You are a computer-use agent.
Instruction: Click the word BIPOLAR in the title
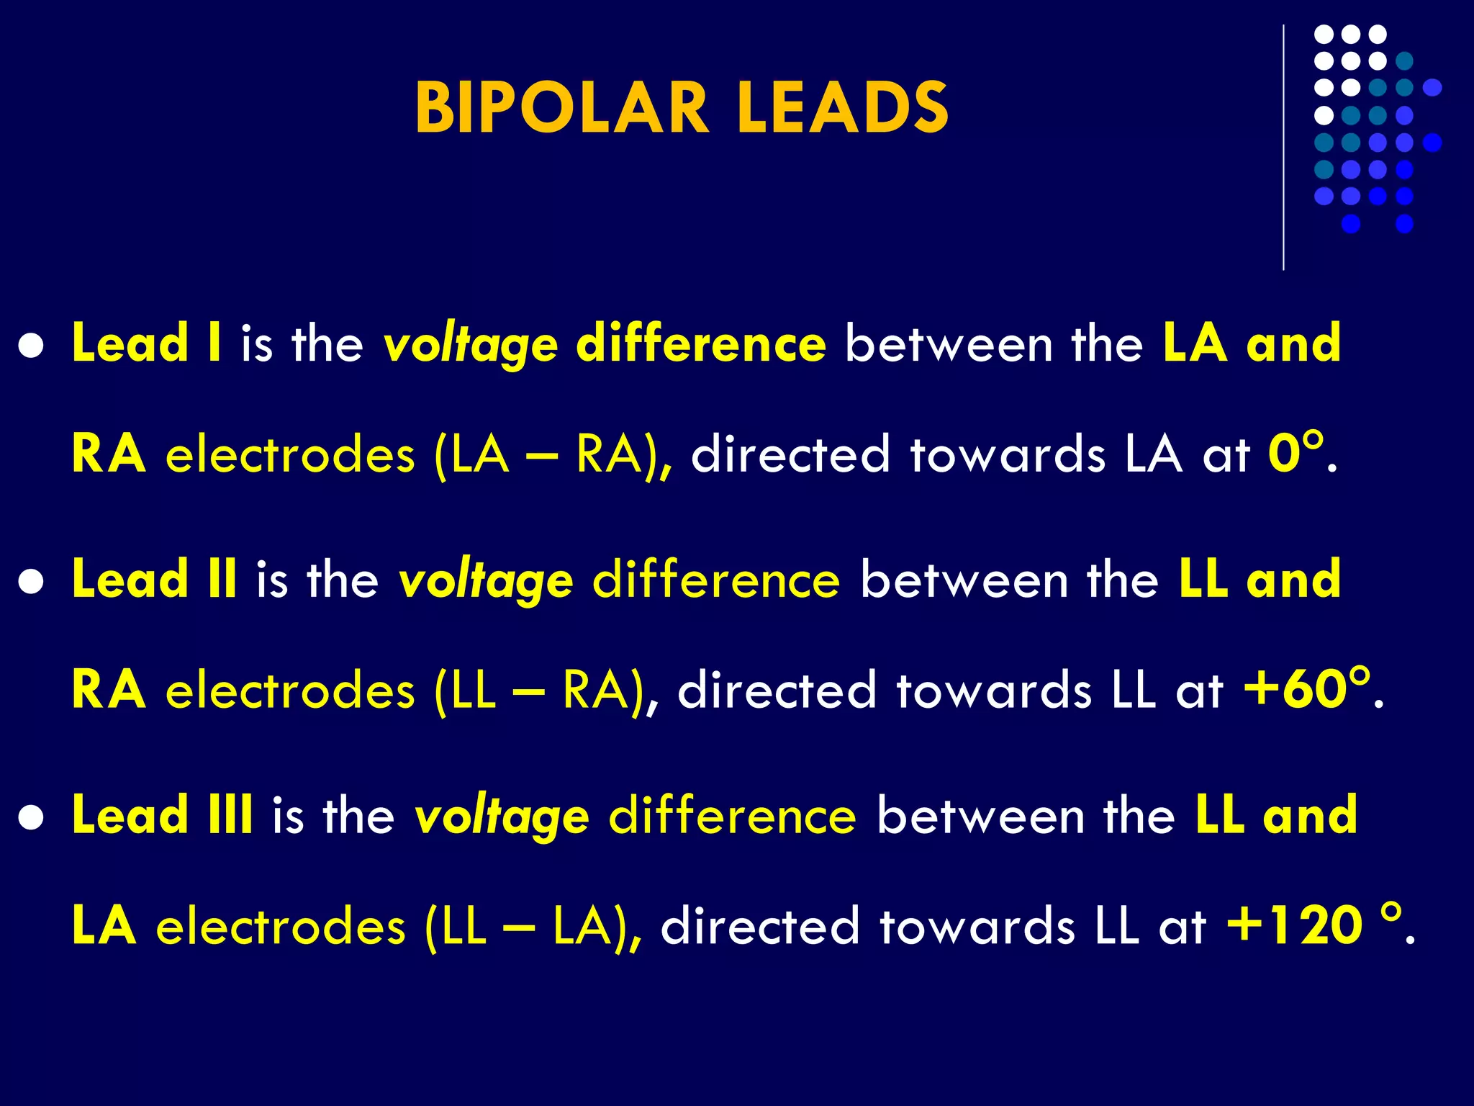(561, 108)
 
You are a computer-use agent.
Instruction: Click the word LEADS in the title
(842, 108)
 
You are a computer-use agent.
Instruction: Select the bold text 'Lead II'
(154, 580)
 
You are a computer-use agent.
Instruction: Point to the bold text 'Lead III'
(162, 816)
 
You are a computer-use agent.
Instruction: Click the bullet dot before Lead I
(32, 346)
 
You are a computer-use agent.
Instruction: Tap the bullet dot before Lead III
(32, 819)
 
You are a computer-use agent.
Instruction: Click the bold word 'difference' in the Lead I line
(701, 343)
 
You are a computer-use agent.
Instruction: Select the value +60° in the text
(1306, 689)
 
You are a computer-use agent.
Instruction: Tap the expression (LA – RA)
(554, 455)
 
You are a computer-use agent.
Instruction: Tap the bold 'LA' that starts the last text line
(104, 926)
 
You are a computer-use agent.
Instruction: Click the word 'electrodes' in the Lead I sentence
(290, 455)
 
